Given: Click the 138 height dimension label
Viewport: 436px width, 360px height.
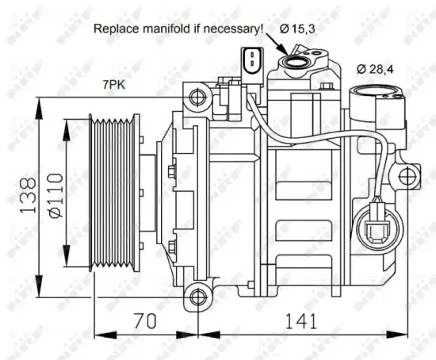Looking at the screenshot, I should (25, 195).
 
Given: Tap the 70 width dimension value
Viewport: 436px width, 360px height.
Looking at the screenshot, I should (142, 321).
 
